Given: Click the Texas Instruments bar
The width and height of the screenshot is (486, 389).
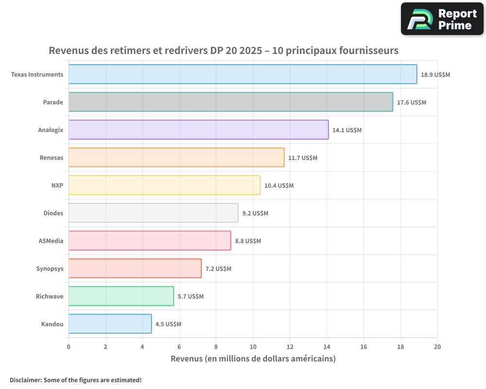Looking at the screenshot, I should point(243,74).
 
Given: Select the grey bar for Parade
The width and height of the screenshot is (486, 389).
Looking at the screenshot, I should point(230,102).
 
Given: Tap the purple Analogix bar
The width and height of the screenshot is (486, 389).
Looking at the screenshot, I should point(198,130).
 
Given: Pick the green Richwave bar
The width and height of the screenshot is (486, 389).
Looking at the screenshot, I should point(121,296).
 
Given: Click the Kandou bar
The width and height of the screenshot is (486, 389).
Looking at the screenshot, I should point(110,324).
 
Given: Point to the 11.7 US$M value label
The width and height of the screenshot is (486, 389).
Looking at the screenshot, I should point(302,158).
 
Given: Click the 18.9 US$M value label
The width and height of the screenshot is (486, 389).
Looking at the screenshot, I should point(435,74).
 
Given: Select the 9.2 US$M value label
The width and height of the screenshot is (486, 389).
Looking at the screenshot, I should point(255,213).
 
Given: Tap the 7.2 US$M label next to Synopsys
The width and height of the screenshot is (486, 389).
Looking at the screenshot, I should point(218,268).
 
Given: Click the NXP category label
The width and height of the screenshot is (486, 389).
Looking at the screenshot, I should point(57,185).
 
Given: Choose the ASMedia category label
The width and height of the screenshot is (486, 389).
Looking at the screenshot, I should point(51,241).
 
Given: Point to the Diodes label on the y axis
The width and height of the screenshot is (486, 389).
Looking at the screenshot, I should point(53,213).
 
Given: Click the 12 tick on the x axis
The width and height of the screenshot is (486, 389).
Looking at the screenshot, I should point(290,347).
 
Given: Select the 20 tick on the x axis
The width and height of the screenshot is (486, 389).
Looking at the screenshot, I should point(437,347).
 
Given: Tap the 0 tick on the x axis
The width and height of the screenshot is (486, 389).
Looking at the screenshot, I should point(69,347).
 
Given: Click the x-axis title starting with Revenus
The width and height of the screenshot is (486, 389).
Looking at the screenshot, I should point(253,359).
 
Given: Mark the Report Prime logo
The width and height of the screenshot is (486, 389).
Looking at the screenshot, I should point(442,19).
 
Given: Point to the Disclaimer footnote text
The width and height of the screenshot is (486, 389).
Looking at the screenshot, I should point(76,380).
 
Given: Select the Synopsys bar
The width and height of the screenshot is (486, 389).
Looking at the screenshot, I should point(135,268).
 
